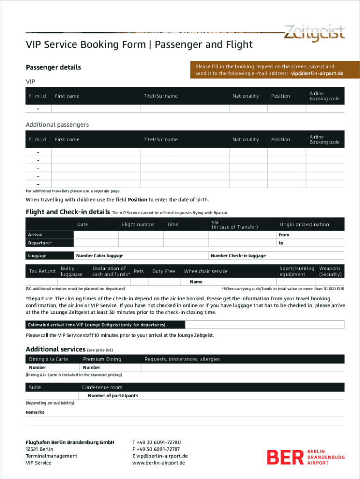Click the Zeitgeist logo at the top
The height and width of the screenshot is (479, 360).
click(x=314, y=33)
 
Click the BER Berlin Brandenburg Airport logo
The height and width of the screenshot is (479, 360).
click(x=305, y=457)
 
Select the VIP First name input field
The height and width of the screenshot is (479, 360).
click(x=95, y=109)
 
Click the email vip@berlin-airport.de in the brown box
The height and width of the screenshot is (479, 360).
click(x=317, y=73)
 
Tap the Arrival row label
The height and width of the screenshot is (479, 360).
click(x=36, y=235)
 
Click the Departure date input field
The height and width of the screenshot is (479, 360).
click(x=96, y=243)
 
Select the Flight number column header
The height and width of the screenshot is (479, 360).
click(x=138, y=225)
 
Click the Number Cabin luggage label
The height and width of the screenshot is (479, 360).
click(x=100, y=256)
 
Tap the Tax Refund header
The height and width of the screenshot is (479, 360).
click(x=42, y=271)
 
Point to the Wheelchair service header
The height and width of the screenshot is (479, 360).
click(x=206, y=271)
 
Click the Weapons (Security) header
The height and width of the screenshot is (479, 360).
click(x=330, y=271)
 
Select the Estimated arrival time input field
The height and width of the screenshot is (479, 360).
click(x=264, y=325)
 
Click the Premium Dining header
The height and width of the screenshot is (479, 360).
click(x=102, y=359)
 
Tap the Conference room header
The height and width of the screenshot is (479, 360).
click(x=102, y=387)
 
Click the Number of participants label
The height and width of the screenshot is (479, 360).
click(x=113, y=396)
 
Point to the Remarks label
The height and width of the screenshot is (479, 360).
click(x=35, y=413)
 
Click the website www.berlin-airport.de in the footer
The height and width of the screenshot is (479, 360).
click(x=158, y=463)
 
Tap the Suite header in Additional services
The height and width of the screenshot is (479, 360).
click(x=35, y=387)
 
